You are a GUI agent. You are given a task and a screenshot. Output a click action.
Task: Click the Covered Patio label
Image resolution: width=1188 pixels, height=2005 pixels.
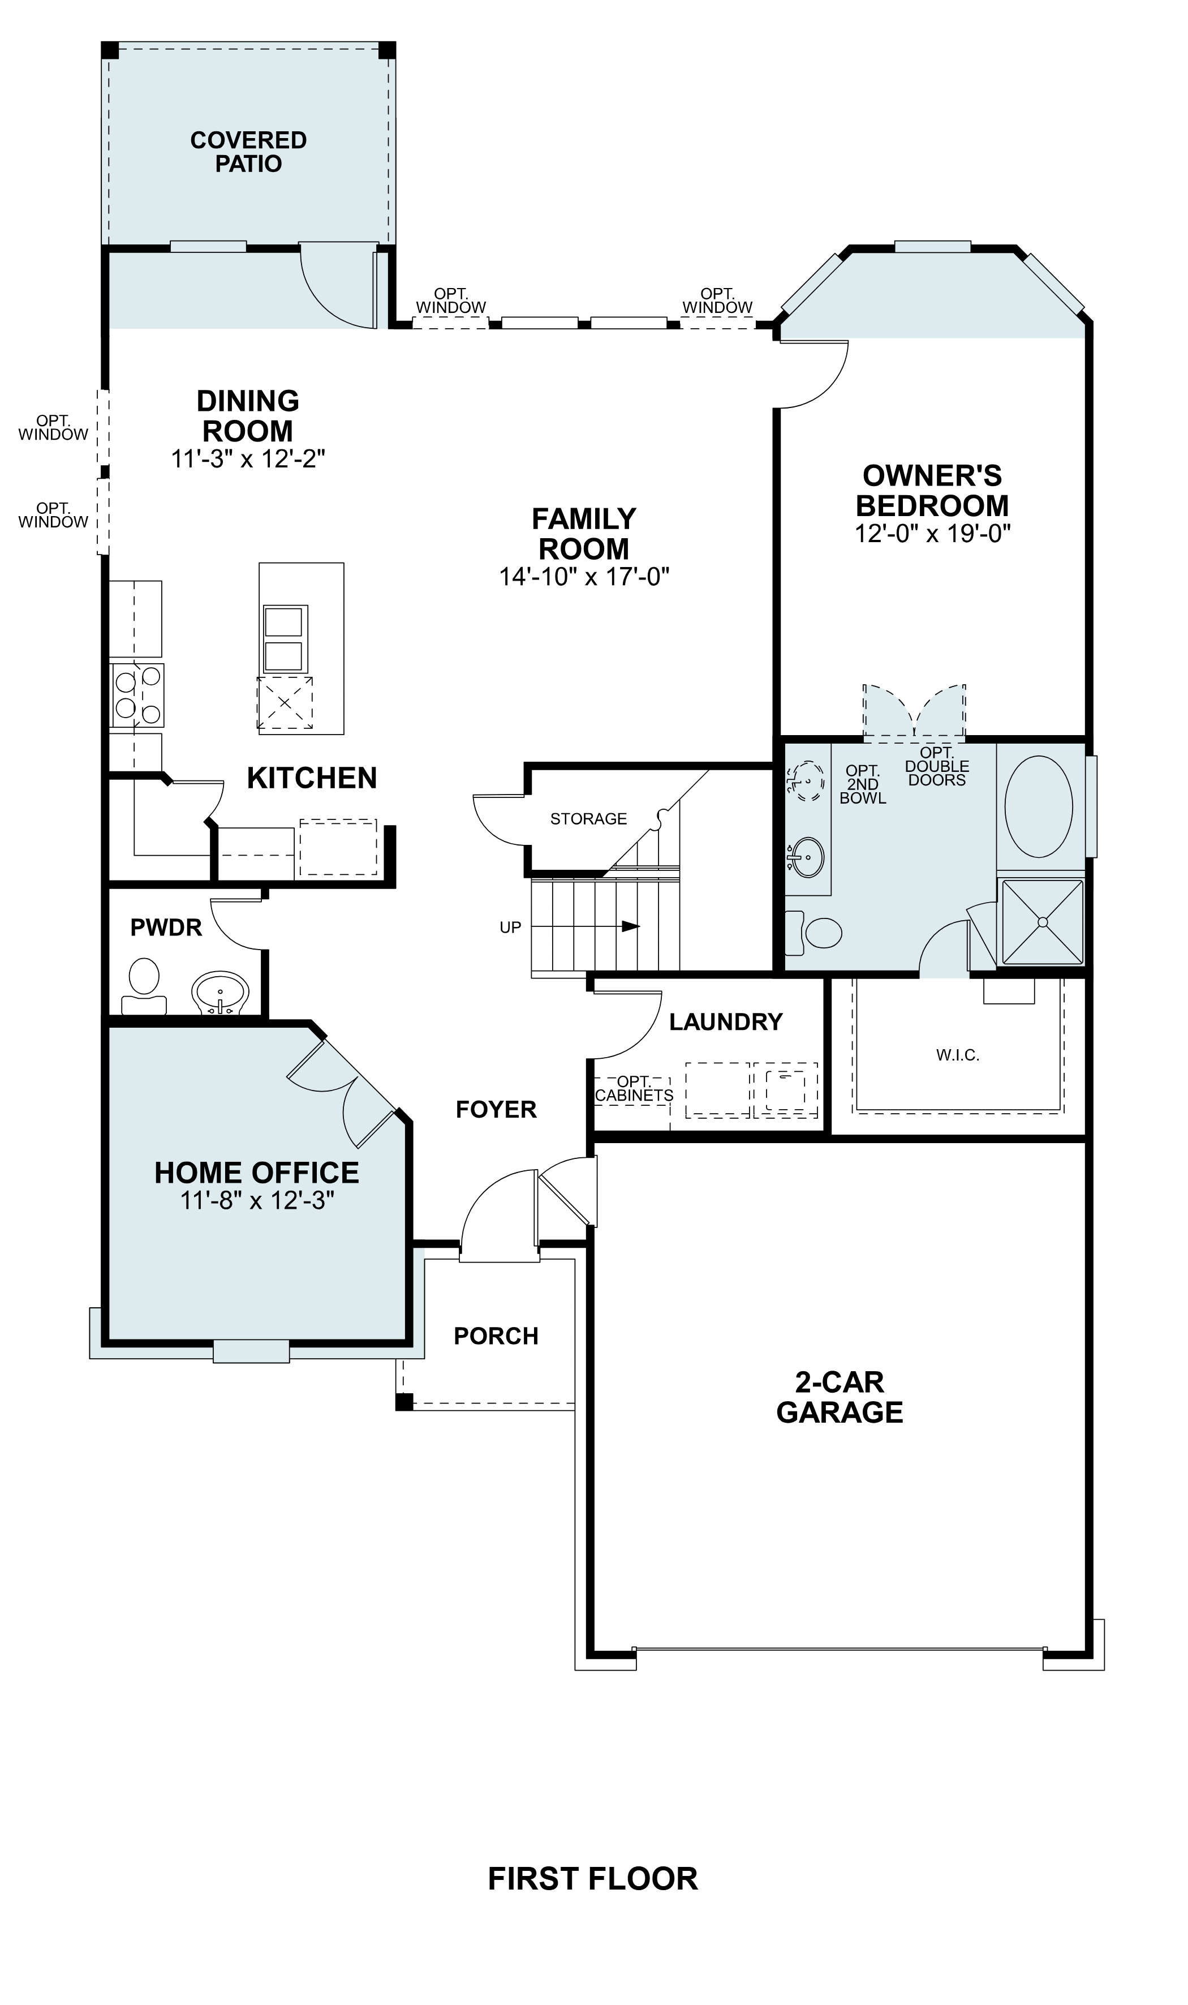(248, 152)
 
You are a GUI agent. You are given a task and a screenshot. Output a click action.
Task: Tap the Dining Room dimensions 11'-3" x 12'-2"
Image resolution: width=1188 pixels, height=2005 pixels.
(248, 460)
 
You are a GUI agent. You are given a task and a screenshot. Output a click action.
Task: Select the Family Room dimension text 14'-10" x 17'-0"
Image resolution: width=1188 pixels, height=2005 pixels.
(584, 577)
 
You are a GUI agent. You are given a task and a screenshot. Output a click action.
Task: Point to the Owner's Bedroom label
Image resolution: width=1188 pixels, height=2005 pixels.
(932, 490)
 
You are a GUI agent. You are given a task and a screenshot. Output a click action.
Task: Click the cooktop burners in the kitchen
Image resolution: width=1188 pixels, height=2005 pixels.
(137, 695)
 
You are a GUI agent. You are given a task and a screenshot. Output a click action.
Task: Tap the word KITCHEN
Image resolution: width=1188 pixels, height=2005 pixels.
(311, 778)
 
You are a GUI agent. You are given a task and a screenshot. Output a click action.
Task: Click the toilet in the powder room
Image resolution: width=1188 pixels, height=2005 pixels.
(144, 984)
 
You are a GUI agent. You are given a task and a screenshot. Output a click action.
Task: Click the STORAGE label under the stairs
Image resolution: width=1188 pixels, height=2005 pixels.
(588, 818)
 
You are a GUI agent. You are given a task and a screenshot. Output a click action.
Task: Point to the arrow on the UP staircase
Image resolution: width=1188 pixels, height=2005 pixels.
(630, 926)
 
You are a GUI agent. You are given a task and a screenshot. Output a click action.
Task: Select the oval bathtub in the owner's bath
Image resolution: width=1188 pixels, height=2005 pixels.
(1038, 806)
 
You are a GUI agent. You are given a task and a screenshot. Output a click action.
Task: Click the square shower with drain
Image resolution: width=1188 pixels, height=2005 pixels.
(1041, 922)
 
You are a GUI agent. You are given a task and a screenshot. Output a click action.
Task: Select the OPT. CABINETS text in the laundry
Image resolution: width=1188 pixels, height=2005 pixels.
(634, 1089)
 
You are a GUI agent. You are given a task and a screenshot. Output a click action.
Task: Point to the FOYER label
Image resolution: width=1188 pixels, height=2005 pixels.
(496, 1109)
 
